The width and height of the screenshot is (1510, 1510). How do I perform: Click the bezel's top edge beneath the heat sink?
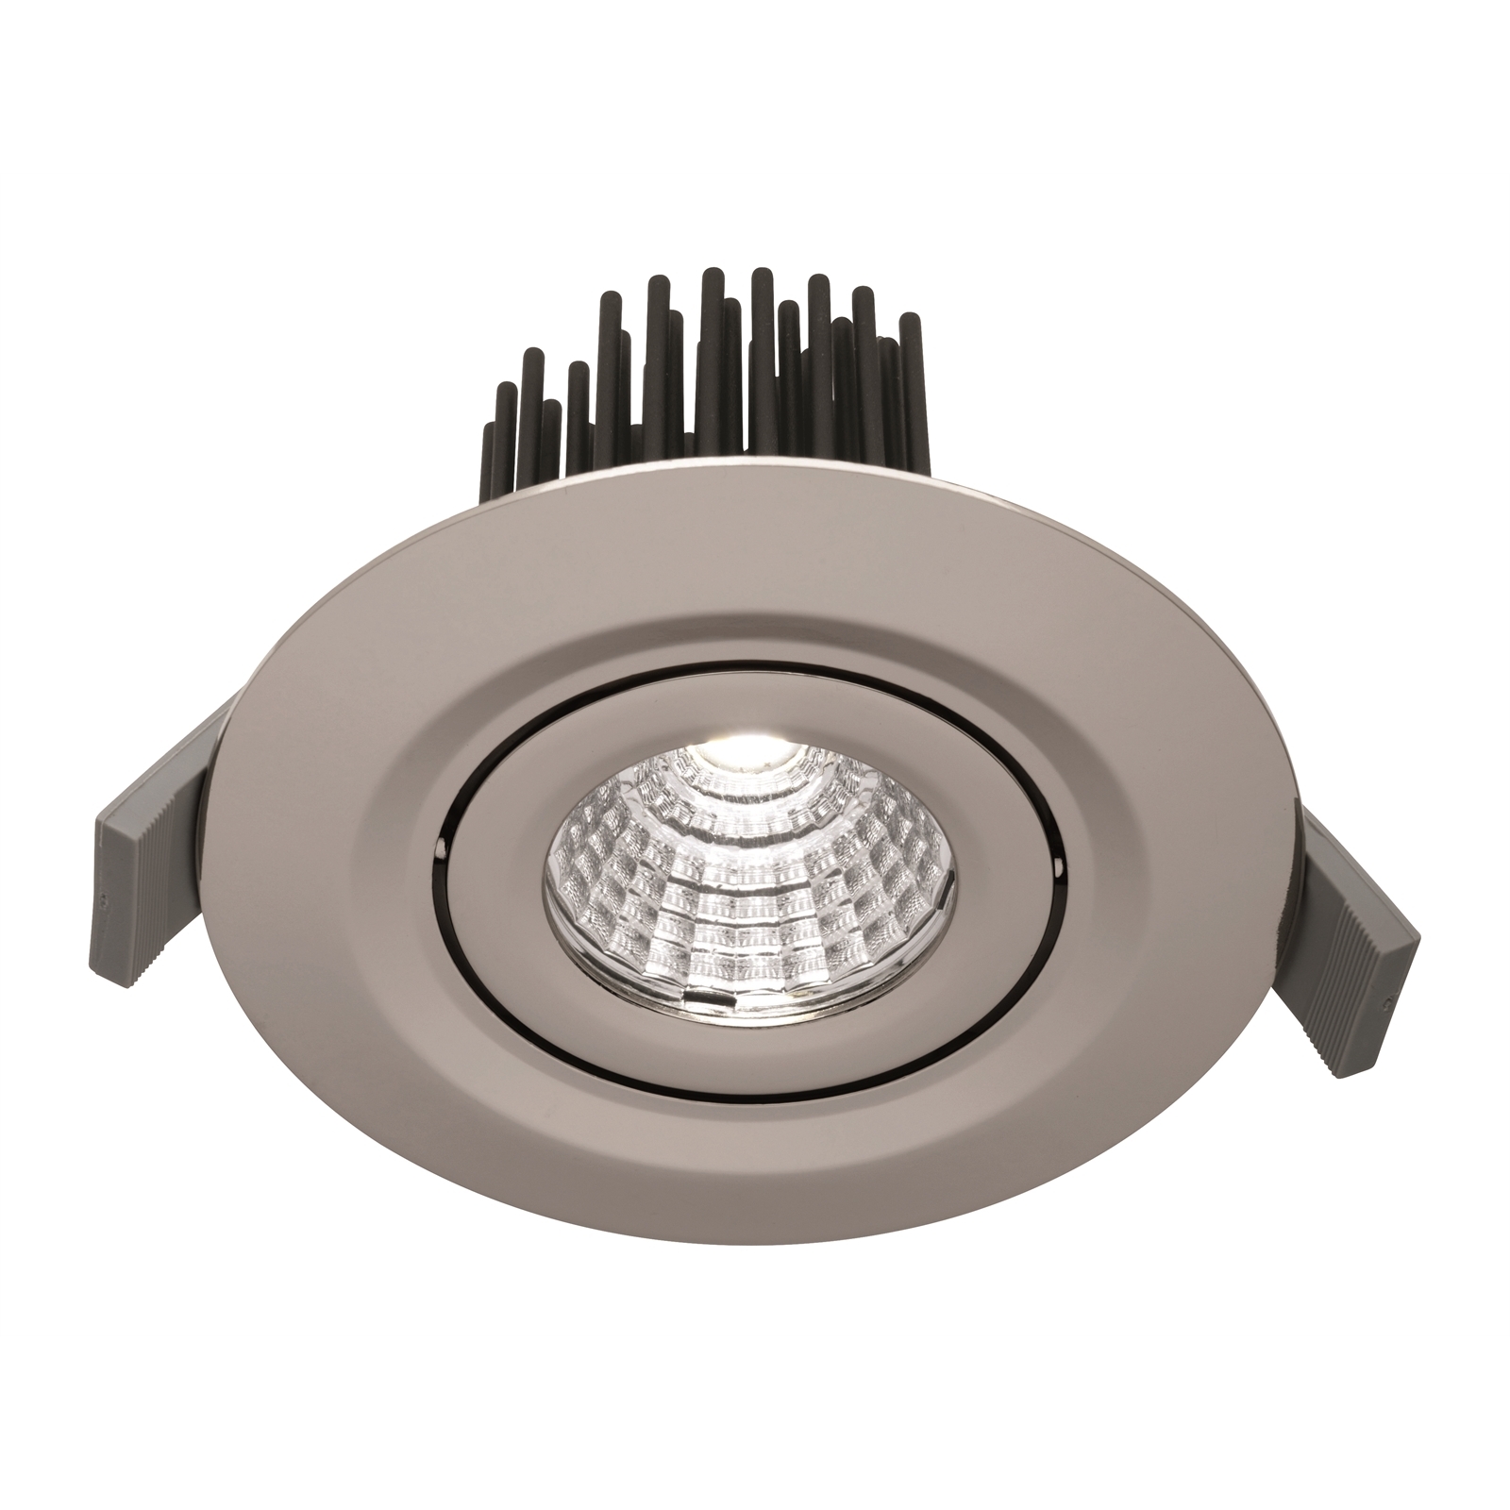[755, 478]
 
